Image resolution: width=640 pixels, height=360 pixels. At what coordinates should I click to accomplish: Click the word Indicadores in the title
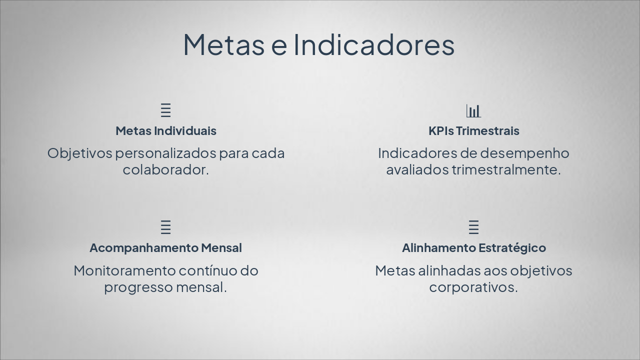point(374,44)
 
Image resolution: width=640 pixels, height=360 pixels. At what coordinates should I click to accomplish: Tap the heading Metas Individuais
point(166,131)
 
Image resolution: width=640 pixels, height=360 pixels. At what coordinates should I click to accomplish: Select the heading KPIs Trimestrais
point(473,131)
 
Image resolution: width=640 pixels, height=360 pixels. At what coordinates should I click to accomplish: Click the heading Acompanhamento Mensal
point(165,248)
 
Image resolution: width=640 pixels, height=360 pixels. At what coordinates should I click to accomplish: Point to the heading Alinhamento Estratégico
point(473,248)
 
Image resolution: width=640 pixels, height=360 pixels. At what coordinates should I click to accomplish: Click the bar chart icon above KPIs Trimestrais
point(473,110)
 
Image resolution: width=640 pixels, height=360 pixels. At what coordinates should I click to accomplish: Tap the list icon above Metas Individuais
point(166,110)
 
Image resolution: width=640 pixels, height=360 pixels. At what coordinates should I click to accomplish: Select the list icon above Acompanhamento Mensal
point(166,227)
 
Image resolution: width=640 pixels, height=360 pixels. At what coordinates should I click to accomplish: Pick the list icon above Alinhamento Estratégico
point(473,227)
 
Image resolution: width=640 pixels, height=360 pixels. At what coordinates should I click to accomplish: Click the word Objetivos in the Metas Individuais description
point(79,153)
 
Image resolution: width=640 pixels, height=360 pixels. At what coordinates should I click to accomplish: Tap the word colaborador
point(164,170)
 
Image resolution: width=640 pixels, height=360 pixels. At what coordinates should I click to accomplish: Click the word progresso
point(138,288)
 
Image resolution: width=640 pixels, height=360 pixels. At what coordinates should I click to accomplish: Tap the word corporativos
point(472,288)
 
